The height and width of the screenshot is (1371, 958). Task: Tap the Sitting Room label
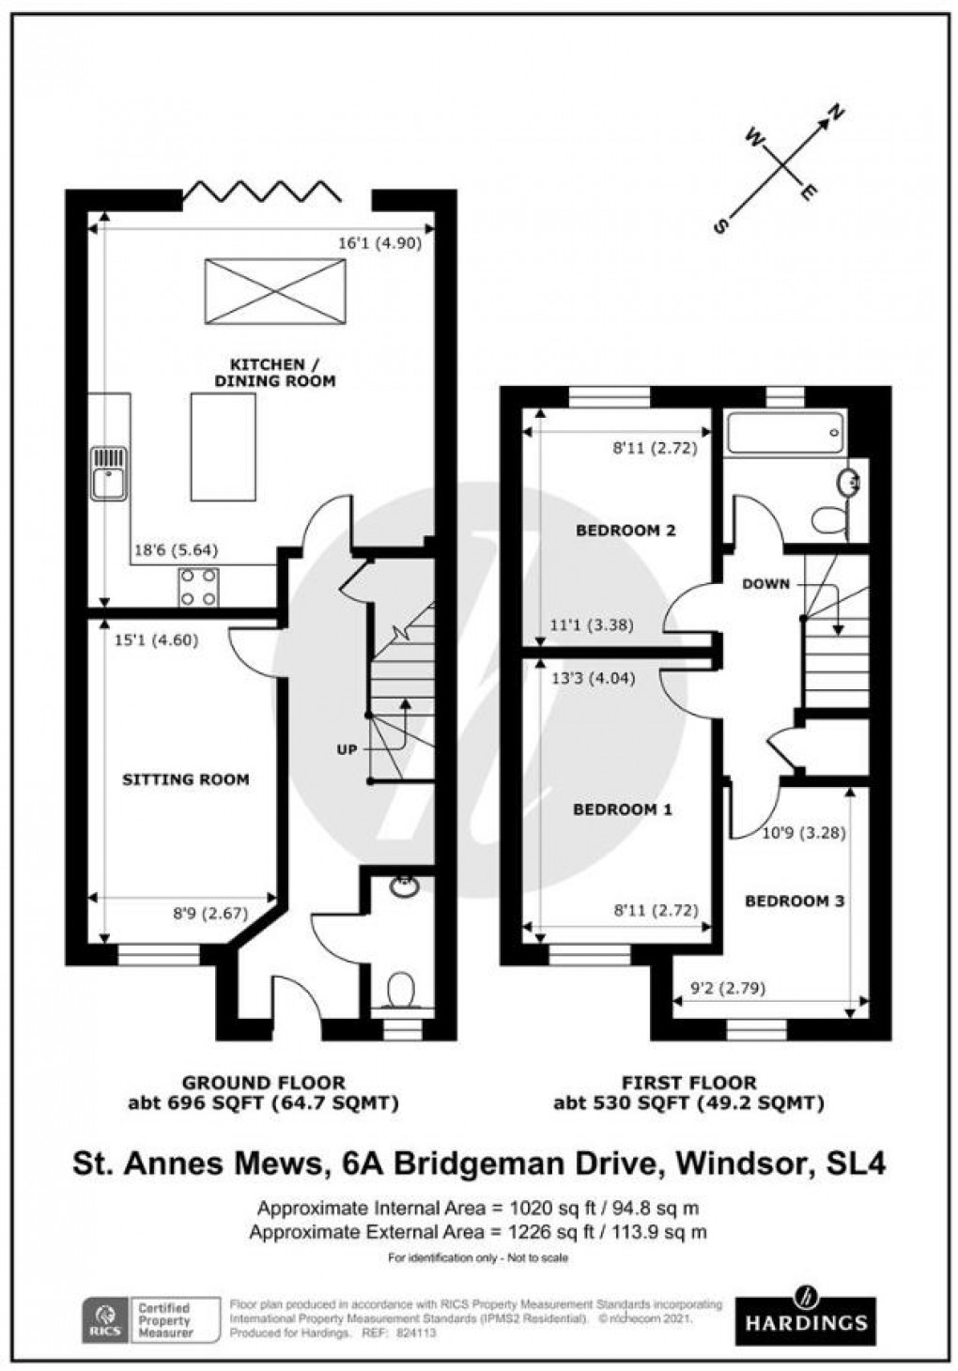(x=186, y=779)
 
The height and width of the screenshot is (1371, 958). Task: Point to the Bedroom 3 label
(x=795, y=901)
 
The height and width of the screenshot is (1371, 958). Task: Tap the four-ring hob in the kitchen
(x=199, y=587)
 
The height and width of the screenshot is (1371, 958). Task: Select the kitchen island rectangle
(x=223, y=447)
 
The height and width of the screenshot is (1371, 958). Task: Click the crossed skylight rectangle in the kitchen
(x=275, y=292)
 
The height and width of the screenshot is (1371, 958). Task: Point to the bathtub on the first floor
(x=786, y=433)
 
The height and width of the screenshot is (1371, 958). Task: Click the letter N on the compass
(x=834, y=116)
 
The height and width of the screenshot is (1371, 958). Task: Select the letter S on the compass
(x=722, y=225)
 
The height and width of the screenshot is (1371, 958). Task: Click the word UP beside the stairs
(x=348, y=750)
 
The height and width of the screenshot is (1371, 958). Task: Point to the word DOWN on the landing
(x=765, y=584)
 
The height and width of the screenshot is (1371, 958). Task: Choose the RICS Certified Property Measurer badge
(x=142, y=1320)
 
